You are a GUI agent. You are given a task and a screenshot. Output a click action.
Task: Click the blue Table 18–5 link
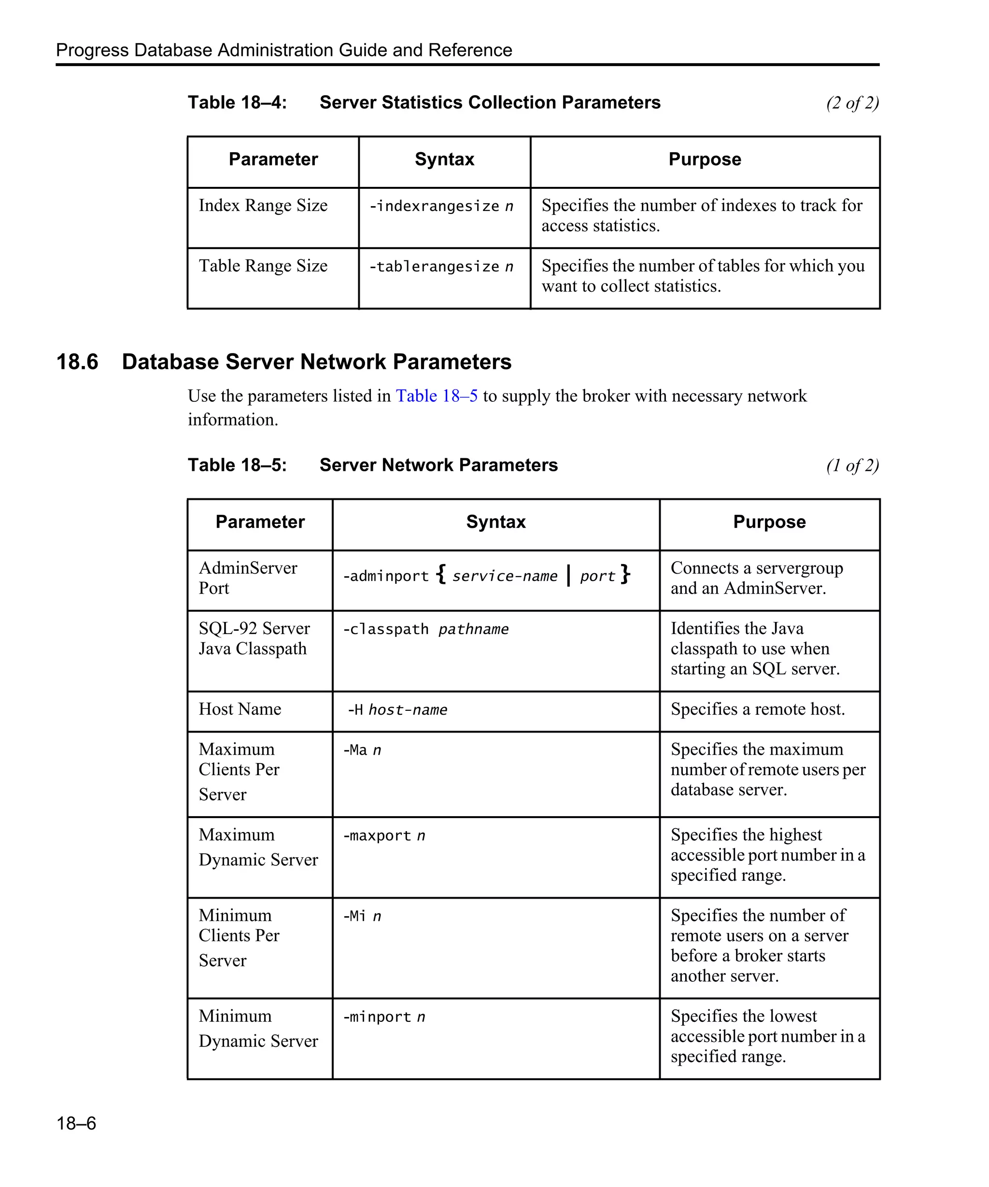436,396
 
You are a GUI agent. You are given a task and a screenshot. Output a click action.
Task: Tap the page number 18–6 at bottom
76,1123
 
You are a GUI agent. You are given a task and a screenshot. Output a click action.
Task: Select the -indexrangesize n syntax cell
441,206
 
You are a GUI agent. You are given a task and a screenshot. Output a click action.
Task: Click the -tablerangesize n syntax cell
441,267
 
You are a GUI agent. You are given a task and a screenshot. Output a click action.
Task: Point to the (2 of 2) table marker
852,103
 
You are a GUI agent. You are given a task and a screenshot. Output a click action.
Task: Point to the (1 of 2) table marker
852,465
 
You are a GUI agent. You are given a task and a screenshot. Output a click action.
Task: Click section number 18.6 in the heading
77,362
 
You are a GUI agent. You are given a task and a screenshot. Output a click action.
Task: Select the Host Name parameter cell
240,709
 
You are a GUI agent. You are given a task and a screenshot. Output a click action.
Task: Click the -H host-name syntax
397,710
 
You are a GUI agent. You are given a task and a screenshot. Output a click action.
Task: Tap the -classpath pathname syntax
425,629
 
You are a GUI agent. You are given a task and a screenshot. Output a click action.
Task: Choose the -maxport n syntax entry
384,835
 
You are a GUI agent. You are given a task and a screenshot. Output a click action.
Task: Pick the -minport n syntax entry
384,1017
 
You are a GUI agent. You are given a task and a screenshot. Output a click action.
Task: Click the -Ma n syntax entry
362,750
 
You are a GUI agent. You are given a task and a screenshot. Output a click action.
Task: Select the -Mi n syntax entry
362,916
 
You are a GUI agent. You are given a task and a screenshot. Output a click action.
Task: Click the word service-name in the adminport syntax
505,576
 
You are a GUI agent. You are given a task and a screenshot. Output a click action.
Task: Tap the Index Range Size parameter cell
263,206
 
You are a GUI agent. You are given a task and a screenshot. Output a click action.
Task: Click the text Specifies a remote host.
757,709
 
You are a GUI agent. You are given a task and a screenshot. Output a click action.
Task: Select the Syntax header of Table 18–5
495,522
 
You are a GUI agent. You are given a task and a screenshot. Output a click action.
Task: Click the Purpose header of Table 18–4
704,159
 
